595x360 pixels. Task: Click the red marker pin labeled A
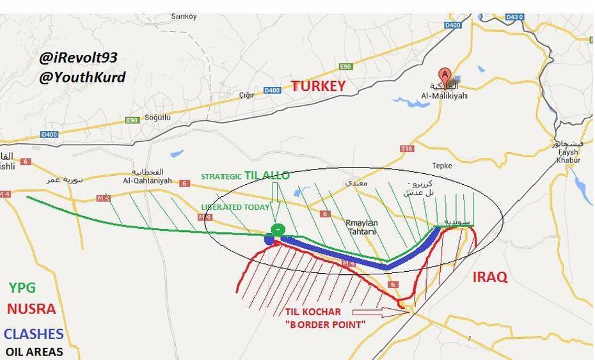point(444,75)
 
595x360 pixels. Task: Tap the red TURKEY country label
point(319,86)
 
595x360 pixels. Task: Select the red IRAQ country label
point(490,277)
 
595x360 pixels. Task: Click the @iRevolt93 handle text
point(78,58)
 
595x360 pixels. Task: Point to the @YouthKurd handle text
point(83,77)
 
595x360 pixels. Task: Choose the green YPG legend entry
point(22,288)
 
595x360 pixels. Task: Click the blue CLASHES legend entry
point(33,334)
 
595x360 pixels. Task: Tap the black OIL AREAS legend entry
point(34,352)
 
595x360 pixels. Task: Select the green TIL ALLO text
point(267,175)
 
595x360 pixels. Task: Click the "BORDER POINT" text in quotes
point(325,324)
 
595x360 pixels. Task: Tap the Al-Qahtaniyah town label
point(148,181)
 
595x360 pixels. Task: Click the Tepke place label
point(441,166)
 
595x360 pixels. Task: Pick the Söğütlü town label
point(157,118)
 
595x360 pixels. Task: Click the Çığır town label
point(246,95)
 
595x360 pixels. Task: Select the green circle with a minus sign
point(278,230)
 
